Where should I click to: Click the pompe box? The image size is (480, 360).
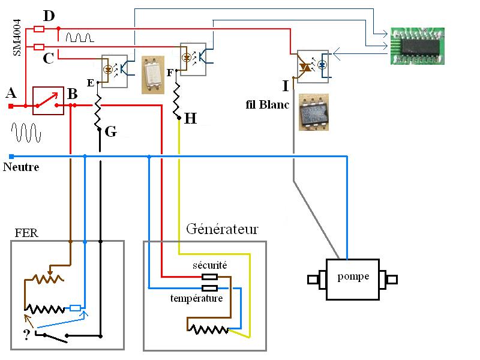pos(352,279)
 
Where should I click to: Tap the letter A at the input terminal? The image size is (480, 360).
pos(10,93)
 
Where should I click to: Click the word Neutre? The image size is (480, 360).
pos(21,167)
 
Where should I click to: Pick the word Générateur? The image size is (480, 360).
pos(222,229)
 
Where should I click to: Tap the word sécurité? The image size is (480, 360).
pos(209,265)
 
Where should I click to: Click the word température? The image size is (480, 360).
pos(197,298)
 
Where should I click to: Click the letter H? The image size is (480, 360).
pos(190,119)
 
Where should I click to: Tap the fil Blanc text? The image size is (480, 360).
pos(267,105)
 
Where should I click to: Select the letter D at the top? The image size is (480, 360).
pos(49,14)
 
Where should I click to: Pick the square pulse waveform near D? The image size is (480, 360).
pos(79,37)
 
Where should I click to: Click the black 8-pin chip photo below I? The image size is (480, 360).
pos(313,112)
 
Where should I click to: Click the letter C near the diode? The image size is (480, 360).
pos(49,58)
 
